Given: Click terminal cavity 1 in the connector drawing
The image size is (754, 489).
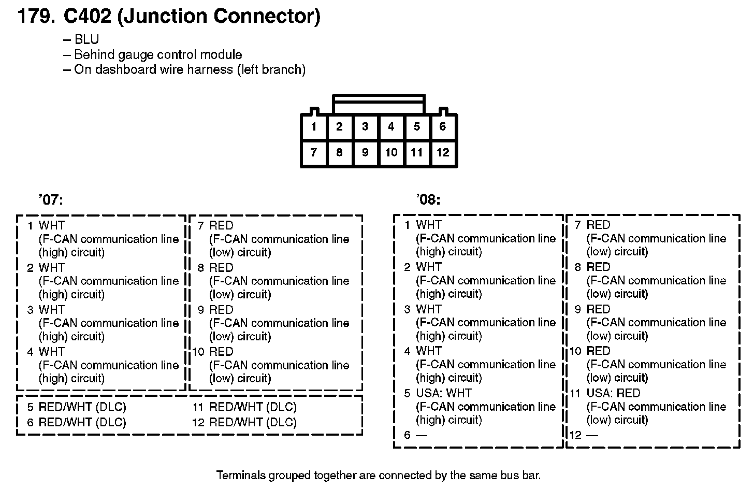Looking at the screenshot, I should pos(314,127).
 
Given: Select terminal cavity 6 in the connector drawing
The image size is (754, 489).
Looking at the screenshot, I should pos(442,127).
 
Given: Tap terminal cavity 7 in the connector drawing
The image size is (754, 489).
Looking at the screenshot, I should pos(314,153).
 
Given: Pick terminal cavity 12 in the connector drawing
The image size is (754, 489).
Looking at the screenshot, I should pos(443,153).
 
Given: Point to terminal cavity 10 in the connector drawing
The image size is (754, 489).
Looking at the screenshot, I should pos(391,153).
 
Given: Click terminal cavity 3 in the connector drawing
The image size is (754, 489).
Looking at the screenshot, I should pos(365,127).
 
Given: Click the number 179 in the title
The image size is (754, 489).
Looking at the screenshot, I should pos(35,17).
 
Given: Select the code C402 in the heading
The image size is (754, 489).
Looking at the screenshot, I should pos(87,17).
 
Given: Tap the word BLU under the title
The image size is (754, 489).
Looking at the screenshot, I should pos(86,40).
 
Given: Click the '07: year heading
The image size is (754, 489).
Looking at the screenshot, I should pos(50,200).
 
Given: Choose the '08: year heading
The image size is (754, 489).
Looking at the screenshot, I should pos(428,200).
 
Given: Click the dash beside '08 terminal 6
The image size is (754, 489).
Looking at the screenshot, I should pos(422,435).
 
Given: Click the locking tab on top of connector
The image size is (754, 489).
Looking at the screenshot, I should pos(379,104).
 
